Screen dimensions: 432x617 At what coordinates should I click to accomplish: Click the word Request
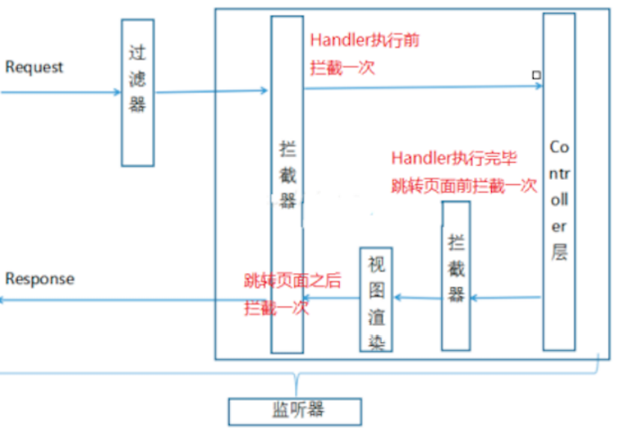pyautogui.click(x=34, y=67)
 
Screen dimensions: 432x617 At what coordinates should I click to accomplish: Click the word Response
pyautogui.click(x=39, y=279)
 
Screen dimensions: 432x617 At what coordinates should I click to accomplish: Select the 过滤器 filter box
pyautogui.click(x=137, y=92)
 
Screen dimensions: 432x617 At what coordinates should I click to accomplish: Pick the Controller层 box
pyautogui.click(x=559, y=182)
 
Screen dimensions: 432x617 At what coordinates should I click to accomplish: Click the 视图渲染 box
pyautogui.click(x=376, y=299)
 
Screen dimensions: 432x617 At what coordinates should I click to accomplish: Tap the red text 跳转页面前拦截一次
pyautogui.click(x=463, y=186)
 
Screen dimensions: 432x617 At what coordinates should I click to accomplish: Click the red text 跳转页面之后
pyautogui.click(x=292, y=280)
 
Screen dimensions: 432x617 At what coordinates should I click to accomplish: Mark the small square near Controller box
pyautogui.click(x=536, y=75)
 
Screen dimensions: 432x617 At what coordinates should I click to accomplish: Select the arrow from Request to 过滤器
pyautogui.click(x=61, y=92)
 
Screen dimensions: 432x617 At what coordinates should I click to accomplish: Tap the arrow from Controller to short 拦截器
pyautogui.click(x=506, y=298)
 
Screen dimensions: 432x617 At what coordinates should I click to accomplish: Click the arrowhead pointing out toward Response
pyautogui.click(x=4, y=300)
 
